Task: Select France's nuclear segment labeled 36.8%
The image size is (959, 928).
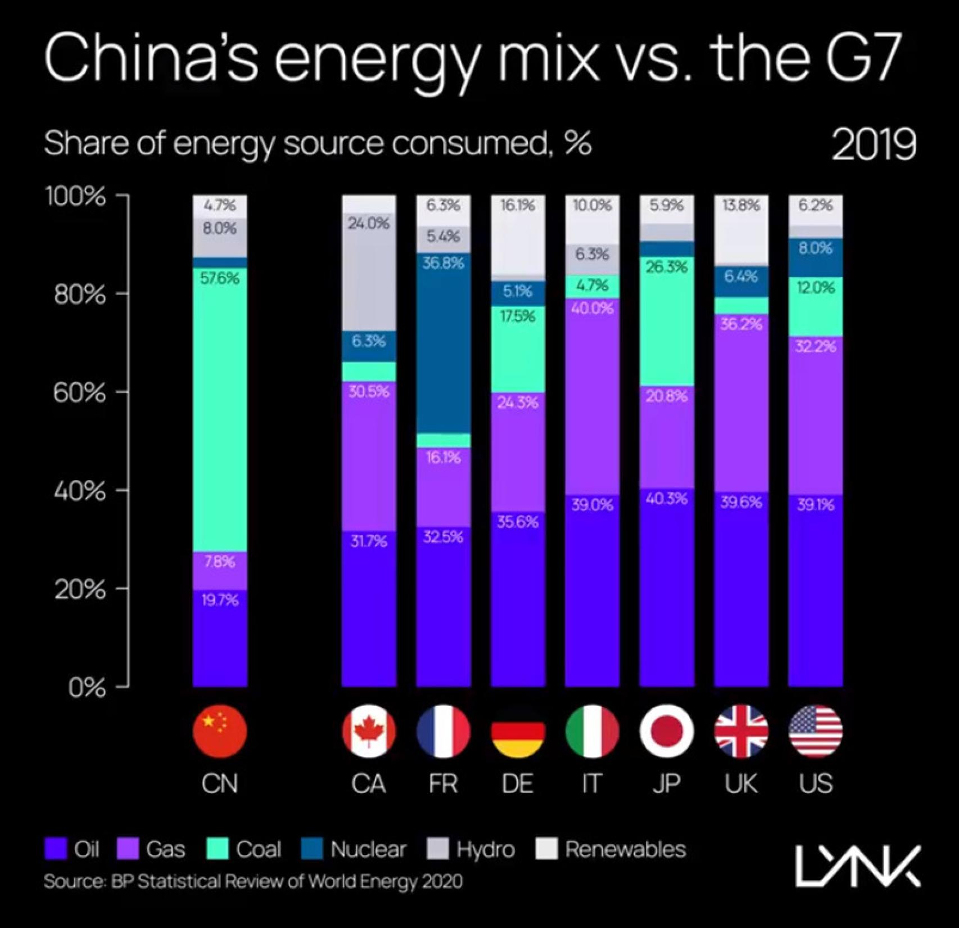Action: pos(444,343)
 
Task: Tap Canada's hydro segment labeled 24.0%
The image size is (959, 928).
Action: pos(369,270)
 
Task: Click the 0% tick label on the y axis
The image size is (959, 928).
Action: pos(87,687)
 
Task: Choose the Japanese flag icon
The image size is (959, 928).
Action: pos(666,731)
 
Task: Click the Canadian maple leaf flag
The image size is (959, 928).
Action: pos(369,731)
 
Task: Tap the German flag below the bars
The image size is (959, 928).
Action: pos(518,731)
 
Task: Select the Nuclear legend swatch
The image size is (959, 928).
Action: pos(312,849)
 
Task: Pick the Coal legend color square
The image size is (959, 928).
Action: pos(218,849)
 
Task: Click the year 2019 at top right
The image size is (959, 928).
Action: pos(874,144)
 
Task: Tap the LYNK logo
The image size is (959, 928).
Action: pos(858,866)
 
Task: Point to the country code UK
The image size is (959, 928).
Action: pos(741,784)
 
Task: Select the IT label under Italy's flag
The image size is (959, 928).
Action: pos(591,784)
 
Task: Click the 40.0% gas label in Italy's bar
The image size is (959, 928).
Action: pos(592,308)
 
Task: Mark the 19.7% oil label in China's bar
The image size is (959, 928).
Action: pos(220,600)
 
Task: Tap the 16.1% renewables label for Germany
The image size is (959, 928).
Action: pos(518,205)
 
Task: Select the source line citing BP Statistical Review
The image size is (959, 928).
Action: pos(253,881)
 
